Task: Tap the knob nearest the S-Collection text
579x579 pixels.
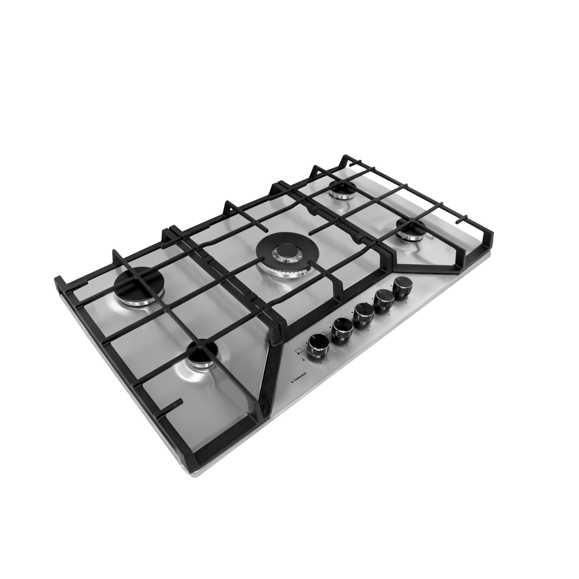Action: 318,347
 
